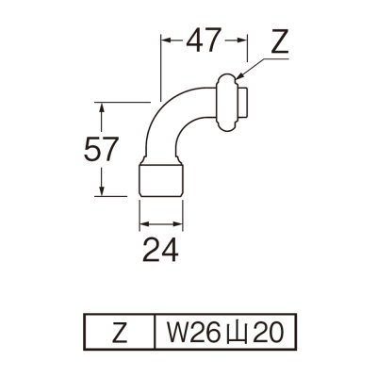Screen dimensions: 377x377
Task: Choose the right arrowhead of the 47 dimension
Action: (x=244, y=41)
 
